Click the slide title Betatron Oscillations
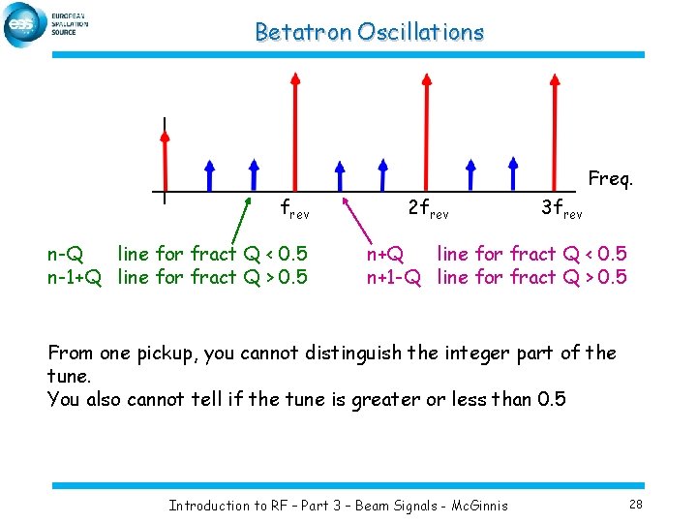click(369, 32)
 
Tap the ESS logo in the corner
click(23, 25)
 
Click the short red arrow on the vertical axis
click(165, 160)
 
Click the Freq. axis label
click(611, 178)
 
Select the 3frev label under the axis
click(561, 207)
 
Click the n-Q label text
click(65, 255)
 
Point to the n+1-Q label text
click(393, 278)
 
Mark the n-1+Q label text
click(75, 278)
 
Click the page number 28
click(635, 505)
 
